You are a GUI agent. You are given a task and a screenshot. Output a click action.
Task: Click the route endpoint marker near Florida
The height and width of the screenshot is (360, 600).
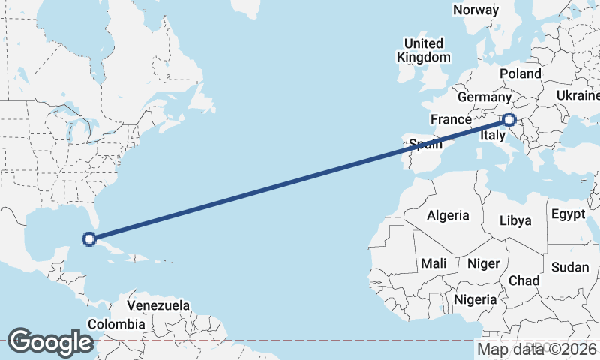pyautogui.click(x=88, y=239)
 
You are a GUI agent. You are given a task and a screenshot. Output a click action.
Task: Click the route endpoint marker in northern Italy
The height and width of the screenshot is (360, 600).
pyautogui.click(x=509, y=119)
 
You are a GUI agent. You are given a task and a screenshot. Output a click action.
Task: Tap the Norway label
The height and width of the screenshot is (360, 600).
pyautogui.click(x=475, y=10)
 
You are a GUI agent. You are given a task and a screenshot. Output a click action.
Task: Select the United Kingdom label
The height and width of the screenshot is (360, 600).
pyautogui.click(x=424, y=50)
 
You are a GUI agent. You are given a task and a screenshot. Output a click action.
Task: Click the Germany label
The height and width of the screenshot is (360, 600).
pyautogui.click(x=484, y=97)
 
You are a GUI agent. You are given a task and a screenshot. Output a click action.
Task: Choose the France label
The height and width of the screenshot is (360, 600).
pyautogui.click(x=451, y=119)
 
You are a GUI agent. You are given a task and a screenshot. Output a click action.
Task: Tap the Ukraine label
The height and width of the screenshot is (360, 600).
pyautogui.click(x=578, y=95)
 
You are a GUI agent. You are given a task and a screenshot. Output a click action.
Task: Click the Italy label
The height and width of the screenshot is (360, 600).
pyautogui.click(x=492, y=136)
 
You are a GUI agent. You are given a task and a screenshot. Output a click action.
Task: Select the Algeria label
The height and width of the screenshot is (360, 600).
pyautogui.click(x=448, y=215)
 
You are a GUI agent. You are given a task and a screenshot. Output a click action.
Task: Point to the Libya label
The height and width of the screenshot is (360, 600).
pyautogui.click(x=516, y=220)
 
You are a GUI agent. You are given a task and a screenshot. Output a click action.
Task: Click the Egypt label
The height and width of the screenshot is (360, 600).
pyautogui.click(x=568, y=214)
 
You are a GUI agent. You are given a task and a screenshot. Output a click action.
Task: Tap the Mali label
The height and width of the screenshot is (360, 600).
pyautogui.click(x=433, y=263)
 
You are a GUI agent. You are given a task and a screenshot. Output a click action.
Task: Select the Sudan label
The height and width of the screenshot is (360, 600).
pyautogui.click(x=570, y=266)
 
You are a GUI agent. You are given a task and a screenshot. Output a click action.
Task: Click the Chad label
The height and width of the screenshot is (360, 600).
pyautogui.click(x=523, y=280)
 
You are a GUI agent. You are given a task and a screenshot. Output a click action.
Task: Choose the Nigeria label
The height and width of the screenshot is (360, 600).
pyautogui.click(x=475, y=299)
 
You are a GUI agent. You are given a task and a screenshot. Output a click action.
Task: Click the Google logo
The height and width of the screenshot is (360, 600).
pyautogui.click(x=50, y=342)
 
